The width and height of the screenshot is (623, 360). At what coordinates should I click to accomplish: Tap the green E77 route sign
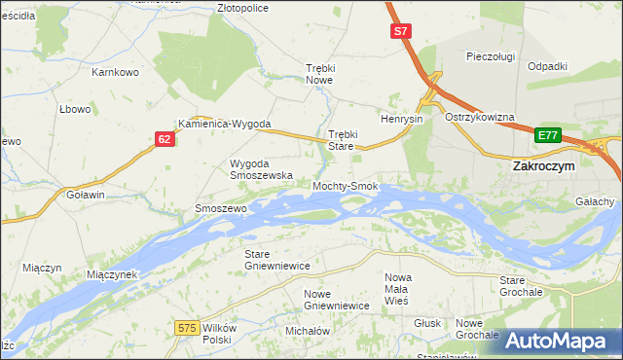(x=548, y=135)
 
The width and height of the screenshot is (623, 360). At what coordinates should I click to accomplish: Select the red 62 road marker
(x=165, y=140)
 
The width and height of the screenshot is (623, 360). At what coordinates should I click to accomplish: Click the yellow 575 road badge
(x=189, y=329)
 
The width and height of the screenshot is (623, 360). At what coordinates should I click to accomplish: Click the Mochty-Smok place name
(x=345, y=185)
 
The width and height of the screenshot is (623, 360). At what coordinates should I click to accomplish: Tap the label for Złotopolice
(x=242, y=7)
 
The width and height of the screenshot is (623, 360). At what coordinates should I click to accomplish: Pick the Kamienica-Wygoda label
(x=223, y=124)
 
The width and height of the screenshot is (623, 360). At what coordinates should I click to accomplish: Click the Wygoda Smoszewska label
(x=261, y=169)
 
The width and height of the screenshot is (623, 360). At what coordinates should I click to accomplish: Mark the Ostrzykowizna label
(x=479, y=117)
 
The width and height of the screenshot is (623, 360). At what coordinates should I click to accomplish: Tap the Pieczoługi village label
(x=491, y=56)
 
